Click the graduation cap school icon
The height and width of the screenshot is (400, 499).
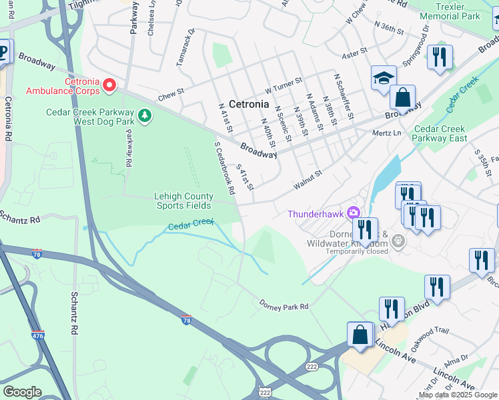pos(384,77)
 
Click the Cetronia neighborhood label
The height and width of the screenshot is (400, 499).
pos(249,104)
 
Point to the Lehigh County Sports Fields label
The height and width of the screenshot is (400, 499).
pos(183,201)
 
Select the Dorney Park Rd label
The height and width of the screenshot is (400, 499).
pos(284,305)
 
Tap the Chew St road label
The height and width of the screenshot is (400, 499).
pos(171,97)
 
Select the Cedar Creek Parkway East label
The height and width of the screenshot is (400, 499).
pos(440,133)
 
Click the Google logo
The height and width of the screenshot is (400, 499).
pos(22,391)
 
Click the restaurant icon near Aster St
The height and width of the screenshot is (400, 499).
pos(440,57)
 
